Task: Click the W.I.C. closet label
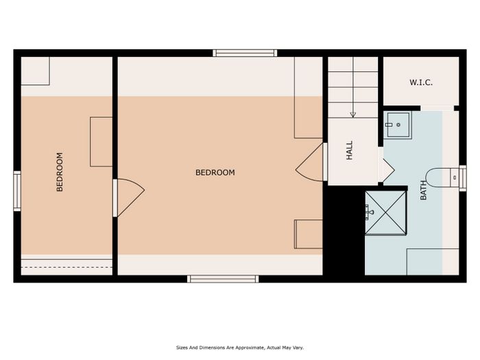421,82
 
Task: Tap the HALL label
349,150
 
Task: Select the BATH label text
423,191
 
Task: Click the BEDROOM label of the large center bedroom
215,173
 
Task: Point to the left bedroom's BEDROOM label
60,172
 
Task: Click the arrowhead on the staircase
353,115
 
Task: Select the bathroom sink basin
398,125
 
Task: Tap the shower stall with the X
385,213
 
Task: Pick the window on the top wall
245,53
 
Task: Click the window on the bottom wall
223,279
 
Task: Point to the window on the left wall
17,191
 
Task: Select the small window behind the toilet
463,178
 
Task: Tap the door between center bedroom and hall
311,162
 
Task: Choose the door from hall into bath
386,170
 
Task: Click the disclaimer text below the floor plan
240,348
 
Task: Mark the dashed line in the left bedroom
67,267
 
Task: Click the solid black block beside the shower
344,230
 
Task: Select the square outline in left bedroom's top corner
35,71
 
